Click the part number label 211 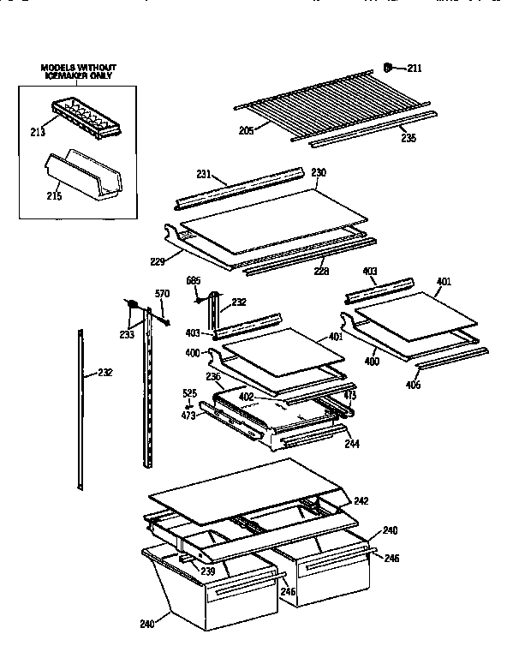pos(414,68)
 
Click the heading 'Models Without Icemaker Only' pos(79,71)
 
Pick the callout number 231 pos(203,174)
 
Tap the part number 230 pos(318,172)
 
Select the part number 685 pos(194,281)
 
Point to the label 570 pos(162,294)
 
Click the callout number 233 pos(127,334)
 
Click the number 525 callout pos(190,394)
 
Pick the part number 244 pos(352,444)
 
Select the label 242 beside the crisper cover pos(361,500)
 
